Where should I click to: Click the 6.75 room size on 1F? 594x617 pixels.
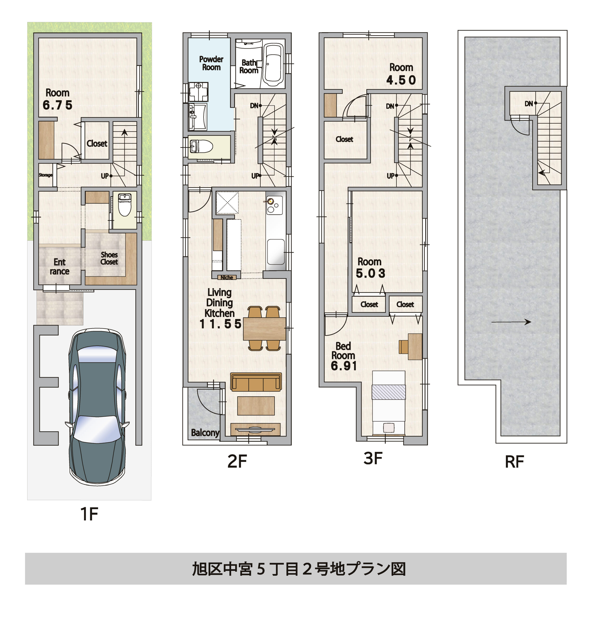(x=57, y=105)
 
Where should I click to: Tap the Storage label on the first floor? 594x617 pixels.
(x=45, y=175)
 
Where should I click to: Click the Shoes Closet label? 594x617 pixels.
(x=109, y=258)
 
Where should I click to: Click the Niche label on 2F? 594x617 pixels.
(x=227, y=277)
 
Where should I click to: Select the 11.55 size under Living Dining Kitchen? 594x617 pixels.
(x=220, y=324)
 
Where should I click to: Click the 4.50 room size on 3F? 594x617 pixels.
(x=401, y=80)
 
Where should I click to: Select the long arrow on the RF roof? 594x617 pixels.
(x=511, y=322)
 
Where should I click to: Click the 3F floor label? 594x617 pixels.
(x=373, y=458)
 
